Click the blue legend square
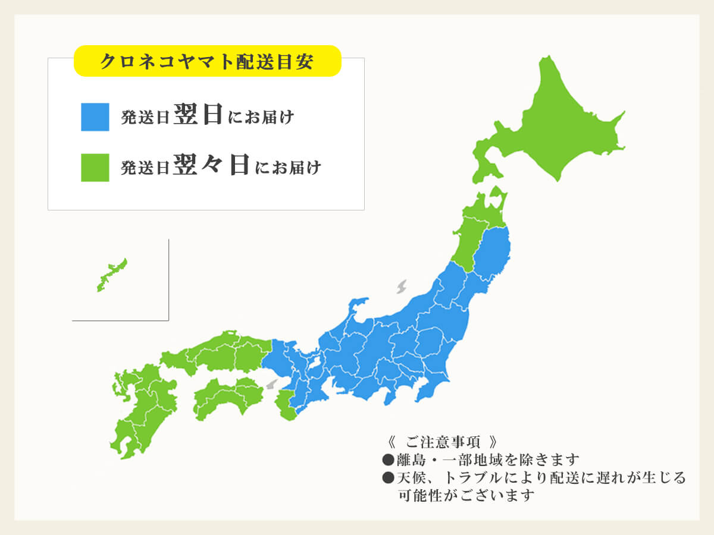[95, 117]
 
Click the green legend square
[95, 167]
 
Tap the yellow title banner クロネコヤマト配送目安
[207, 62]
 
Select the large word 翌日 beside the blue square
[199, 115]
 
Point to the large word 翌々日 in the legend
[212, 165]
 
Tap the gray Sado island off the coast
[402, 287]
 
